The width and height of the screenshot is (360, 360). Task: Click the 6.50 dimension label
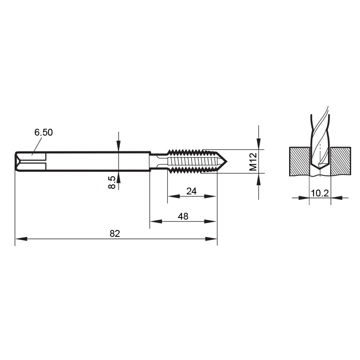click(x=44, y=132)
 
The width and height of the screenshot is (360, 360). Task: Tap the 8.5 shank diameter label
click(x=112, y=182)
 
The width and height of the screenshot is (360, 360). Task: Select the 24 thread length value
click(x=192, y=191)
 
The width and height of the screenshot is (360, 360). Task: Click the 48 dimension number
click(x=183, y=216)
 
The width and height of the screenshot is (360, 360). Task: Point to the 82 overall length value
click(x=115, y=234)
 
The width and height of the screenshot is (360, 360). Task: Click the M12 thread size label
click(x=253, y=162)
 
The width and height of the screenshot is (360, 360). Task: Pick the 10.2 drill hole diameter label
click(x=320, y=193)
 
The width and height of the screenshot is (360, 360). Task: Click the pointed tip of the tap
click(x=227, y=161)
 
